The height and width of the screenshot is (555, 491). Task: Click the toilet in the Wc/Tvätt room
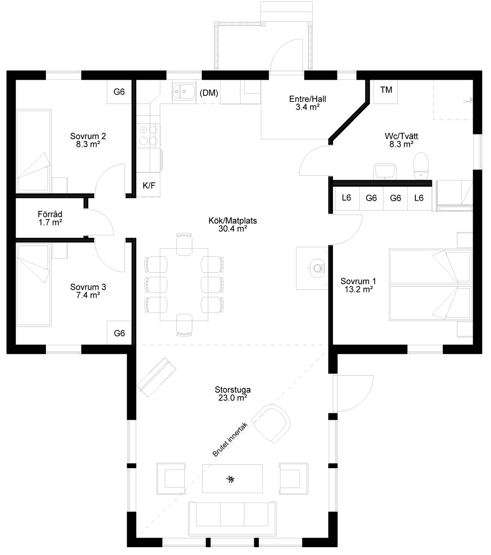421,166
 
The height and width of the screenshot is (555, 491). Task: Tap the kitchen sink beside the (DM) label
184,92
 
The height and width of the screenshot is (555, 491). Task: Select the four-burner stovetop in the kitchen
149,135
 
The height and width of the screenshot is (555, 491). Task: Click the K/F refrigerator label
149,185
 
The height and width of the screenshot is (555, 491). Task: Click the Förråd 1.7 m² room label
50,218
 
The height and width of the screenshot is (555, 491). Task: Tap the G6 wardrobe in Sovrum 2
119,92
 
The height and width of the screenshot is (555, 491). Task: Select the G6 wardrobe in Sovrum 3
119,333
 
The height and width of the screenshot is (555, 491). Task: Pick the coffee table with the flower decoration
232,479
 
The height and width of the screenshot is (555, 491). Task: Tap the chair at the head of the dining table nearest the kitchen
184,244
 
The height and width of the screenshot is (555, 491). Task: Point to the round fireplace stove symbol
317,268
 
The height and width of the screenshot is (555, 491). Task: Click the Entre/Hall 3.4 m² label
308,103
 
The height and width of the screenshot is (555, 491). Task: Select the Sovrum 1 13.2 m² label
358,285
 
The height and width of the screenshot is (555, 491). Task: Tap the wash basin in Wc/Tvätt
385,171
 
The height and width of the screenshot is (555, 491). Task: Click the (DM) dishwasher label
209,93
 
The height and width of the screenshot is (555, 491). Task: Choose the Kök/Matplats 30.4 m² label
232,224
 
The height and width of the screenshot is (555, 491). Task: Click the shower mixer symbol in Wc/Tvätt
469,100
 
